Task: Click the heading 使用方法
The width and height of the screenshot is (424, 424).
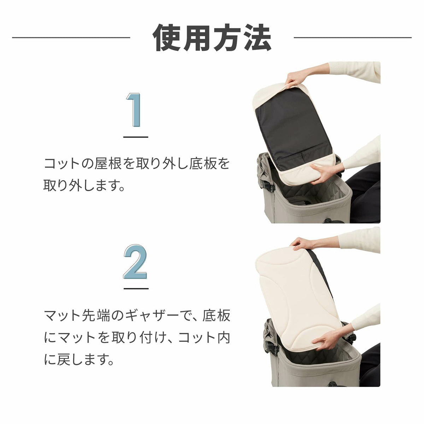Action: point(212,37)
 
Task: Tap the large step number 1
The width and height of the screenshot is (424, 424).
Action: point(135,110)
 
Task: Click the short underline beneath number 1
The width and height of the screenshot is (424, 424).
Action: point(136,137)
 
